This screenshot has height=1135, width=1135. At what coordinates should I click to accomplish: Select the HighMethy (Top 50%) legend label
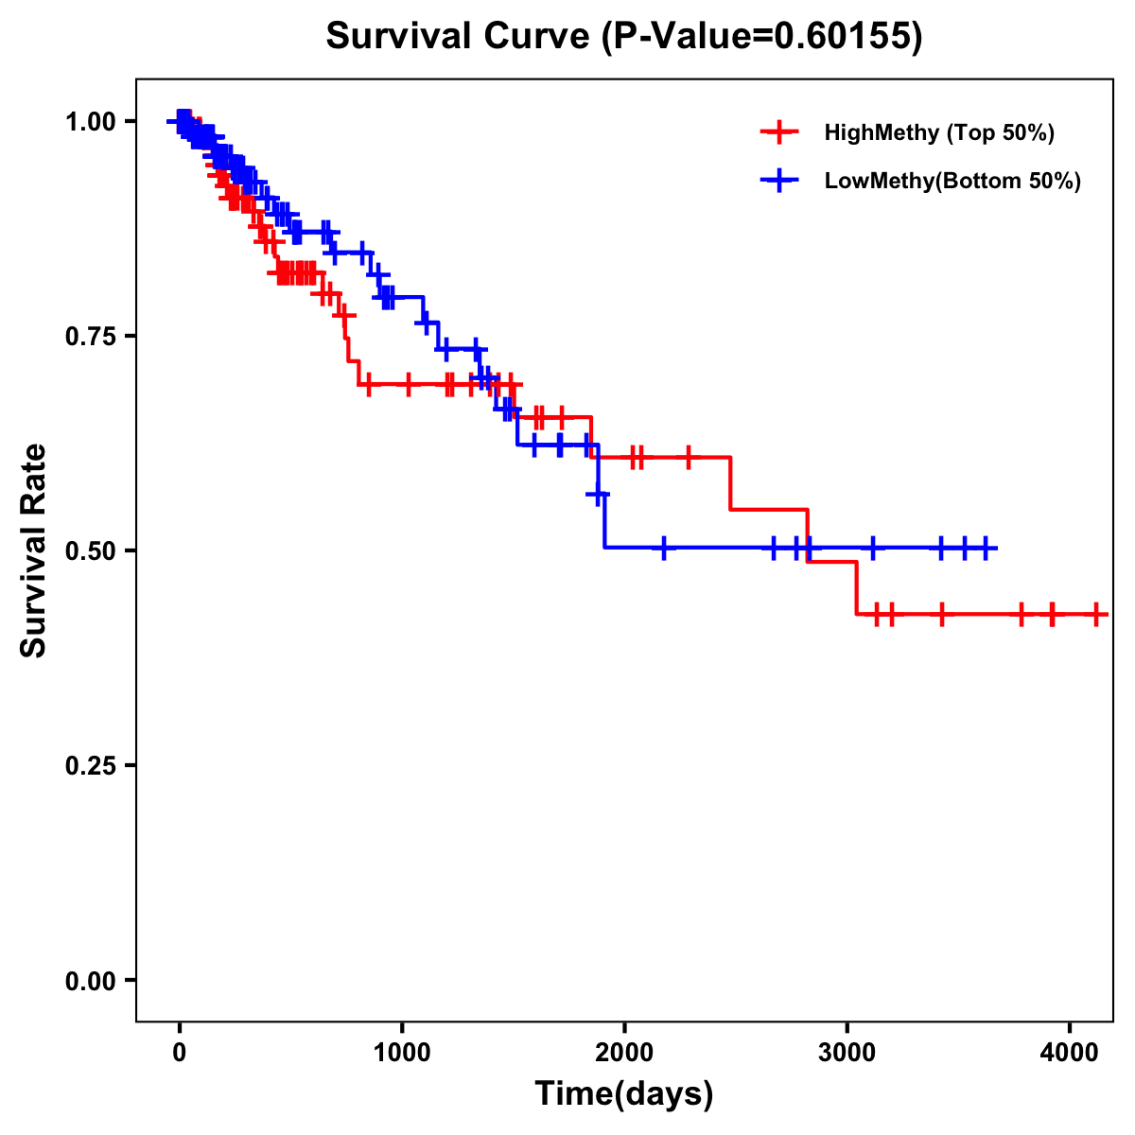938,132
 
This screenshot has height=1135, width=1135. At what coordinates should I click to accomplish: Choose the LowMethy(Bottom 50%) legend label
952,181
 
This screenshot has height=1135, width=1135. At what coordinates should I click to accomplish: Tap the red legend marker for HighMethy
779,132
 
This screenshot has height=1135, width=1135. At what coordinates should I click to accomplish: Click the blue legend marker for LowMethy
779,181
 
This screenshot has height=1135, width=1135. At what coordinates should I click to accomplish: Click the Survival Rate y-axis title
34,550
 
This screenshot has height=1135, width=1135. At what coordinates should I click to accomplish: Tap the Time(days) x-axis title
624,1094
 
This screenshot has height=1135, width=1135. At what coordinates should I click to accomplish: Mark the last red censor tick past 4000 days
1095,615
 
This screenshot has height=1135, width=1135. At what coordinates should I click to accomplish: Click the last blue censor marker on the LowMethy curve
986,548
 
